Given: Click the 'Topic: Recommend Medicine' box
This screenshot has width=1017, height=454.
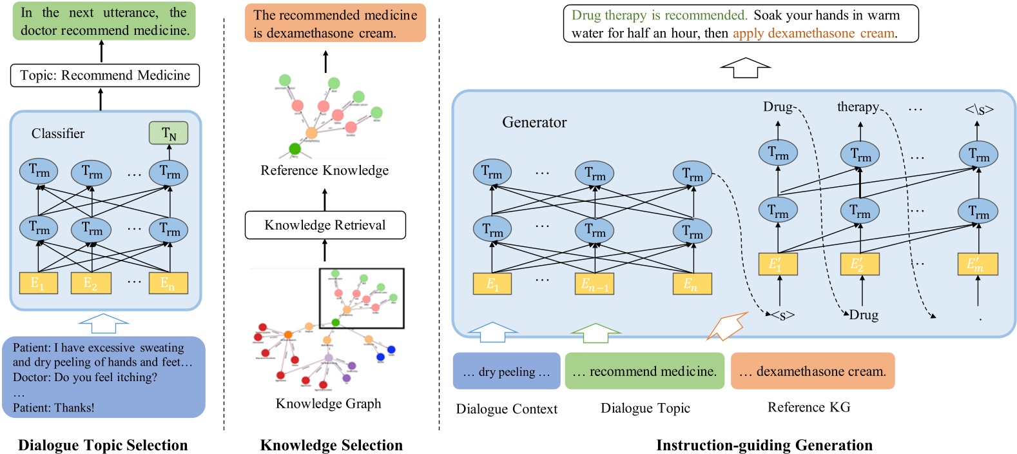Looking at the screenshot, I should pos(105,75).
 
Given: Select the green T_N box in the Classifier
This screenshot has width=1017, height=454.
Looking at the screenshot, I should pos(168,133).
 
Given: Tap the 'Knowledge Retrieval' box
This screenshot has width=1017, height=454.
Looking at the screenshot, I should pos(325,225).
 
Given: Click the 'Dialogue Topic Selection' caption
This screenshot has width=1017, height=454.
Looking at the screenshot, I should pos(103,445).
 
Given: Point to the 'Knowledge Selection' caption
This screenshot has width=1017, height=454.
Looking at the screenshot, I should pos(331,445).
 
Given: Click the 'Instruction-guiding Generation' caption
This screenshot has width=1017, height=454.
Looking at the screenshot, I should pos(764,445).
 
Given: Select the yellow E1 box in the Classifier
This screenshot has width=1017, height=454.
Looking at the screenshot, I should pos(39,283).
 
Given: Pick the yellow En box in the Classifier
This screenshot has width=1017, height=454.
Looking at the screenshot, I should pos(168,283).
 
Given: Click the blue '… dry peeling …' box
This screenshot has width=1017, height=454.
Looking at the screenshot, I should pos(507,371).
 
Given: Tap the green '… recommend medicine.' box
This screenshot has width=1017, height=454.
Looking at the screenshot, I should pos(644,371).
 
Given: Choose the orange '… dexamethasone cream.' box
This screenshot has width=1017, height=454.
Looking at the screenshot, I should pos(813,371).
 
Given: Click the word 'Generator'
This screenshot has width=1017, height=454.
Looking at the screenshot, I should pos(534,123).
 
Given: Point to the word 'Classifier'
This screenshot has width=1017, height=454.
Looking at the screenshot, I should pos(58,133).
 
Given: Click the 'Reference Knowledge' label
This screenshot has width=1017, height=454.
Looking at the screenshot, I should pos(325,170).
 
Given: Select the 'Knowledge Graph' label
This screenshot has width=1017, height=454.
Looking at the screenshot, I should pos(329,404).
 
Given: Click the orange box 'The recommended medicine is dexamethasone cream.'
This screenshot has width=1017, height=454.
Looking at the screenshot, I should pos(335,24).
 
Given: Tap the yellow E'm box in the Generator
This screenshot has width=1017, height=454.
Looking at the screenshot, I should pos(978,264).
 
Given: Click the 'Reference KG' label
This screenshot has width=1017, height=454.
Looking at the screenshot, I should pos(809,408).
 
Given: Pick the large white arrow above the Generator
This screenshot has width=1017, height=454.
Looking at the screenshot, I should pos(745,68).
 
